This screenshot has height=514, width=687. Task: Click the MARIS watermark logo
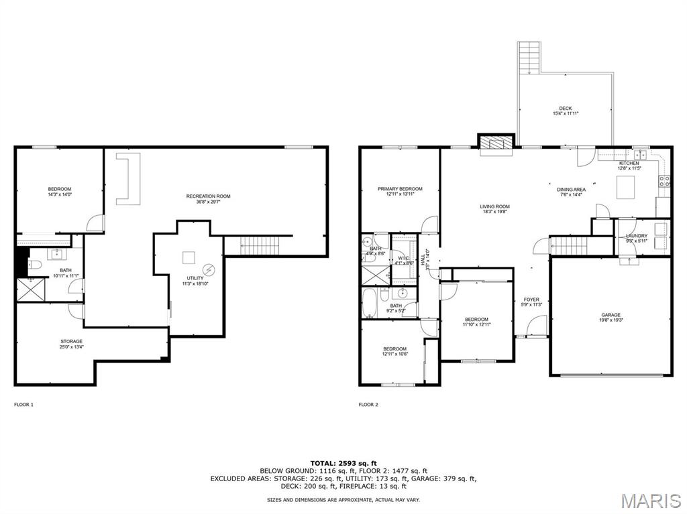coord(650,501)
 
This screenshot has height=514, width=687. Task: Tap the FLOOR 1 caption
coord(23,405)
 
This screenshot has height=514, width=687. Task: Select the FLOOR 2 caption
coord(368,405)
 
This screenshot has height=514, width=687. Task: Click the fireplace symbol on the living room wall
coord(495,143)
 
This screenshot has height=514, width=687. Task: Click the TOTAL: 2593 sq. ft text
coord(343,463)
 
